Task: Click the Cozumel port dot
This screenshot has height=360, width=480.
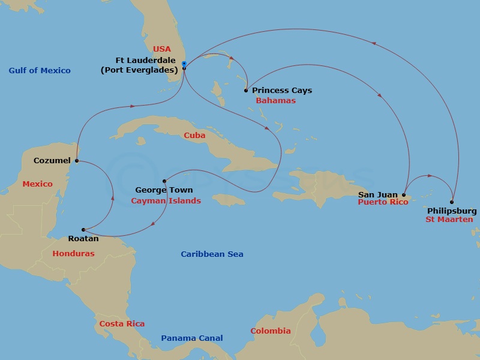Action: point(77,161)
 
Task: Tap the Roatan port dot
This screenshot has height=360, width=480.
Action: point(83,230)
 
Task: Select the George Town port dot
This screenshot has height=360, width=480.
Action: point(164,181)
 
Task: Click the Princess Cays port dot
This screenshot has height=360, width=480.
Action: point(246,91)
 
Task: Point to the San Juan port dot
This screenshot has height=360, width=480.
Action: point(404,194)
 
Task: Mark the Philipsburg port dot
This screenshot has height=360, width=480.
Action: point(452,202)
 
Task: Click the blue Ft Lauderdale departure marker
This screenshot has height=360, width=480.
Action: point(184,64)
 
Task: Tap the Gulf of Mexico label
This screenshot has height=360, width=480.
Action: point(40,71)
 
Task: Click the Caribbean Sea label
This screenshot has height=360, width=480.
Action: point(212,254)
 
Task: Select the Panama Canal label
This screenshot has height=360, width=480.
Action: point(191,338)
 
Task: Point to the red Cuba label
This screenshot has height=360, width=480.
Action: point(194,136)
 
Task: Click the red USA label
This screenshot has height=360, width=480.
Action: point(162,49)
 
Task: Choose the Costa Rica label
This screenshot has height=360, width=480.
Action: point(122,324)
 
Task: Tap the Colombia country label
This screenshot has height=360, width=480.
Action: point(270,331)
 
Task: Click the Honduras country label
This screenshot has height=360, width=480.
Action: point(73,254)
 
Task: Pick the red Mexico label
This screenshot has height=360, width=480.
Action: point(37,184)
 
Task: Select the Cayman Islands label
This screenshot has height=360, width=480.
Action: point(166,201)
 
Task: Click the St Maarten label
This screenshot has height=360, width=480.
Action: point(449,220)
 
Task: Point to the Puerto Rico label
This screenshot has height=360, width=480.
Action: point(383,202)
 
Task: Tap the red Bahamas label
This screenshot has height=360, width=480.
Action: point(275,101)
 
